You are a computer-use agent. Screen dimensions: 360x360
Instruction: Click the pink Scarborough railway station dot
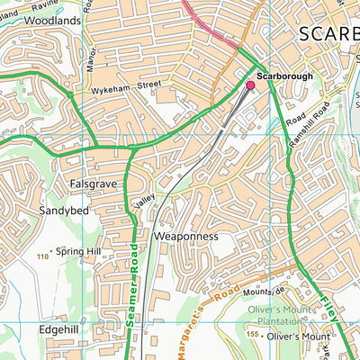click(x=250, y=86)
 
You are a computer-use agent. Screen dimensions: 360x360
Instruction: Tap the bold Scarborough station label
click(x=284, y=76)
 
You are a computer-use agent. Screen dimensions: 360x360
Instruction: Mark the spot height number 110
click(x=42, y=258)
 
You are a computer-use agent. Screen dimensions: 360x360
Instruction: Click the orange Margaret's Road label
click(x=200, y=306)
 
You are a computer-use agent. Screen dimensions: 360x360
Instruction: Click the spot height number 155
click(x=253, y=335)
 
